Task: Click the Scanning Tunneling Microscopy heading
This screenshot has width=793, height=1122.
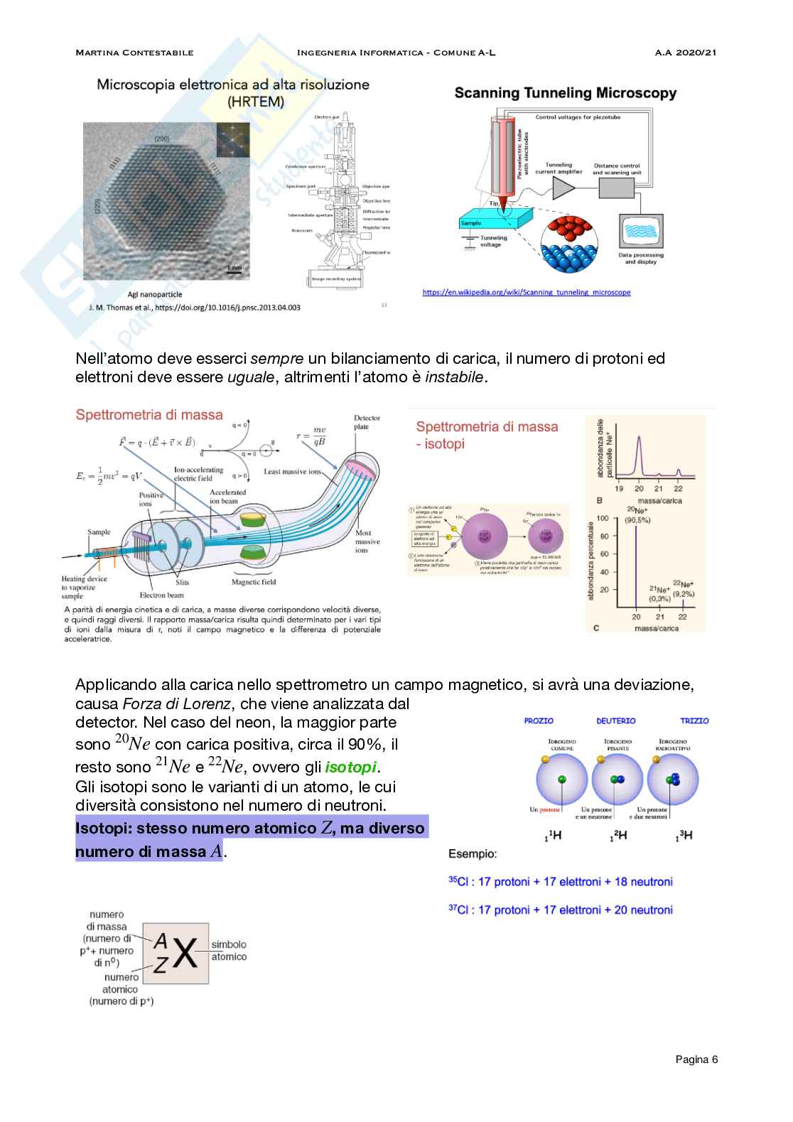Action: [x=565, y=93]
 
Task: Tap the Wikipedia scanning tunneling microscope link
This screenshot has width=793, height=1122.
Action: [x=526, y=292]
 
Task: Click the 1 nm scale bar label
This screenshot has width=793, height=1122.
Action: [x=234, y=268]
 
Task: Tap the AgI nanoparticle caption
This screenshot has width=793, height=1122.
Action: [x=154, y=294]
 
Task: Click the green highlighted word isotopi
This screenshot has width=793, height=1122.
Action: [x=351, y=767]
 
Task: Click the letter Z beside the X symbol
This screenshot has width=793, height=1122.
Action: [x=161, y=965]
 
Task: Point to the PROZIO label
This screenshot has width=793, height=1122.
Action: [x=539, y=721]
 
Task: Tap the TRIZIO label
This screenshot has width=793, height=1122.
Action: [x=694, y=721]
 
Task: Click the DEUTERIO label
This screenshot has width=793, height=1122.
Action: [x=615, y=721]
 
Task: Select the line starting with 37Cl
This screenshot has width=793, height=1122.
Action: [x=560, y=910]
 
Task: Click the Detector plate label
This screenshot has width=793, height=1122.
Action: [x=367, y=422]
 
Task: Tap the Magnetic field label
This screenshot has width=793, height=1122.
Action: [x=254, y=582]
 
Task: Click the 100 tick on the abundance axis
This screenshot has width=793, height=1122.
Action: [x=603, y=517]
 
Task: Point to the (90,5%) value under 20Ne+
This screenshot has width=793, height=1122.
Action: [x=637, y=520]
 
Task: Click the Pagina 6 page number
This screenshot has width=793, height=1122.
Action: [x=696, y=1059]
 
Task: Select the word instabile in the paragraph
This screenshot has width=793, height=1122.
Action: [x=454, y=377]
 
